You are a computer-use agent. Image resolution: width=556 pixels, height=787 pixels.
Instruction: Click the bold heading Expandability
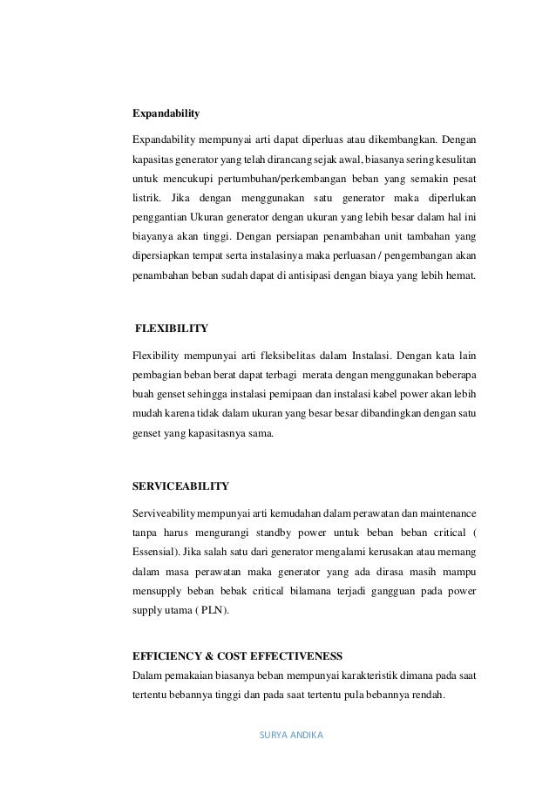[x=166, y=113]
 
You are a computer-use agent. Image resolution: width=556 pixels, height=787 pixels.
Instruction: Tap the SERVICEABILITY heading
[x=180, y=485]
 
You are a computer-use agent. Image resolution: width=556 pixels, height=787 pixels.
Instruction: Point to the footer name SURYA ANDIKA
[x=291, y=734]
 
